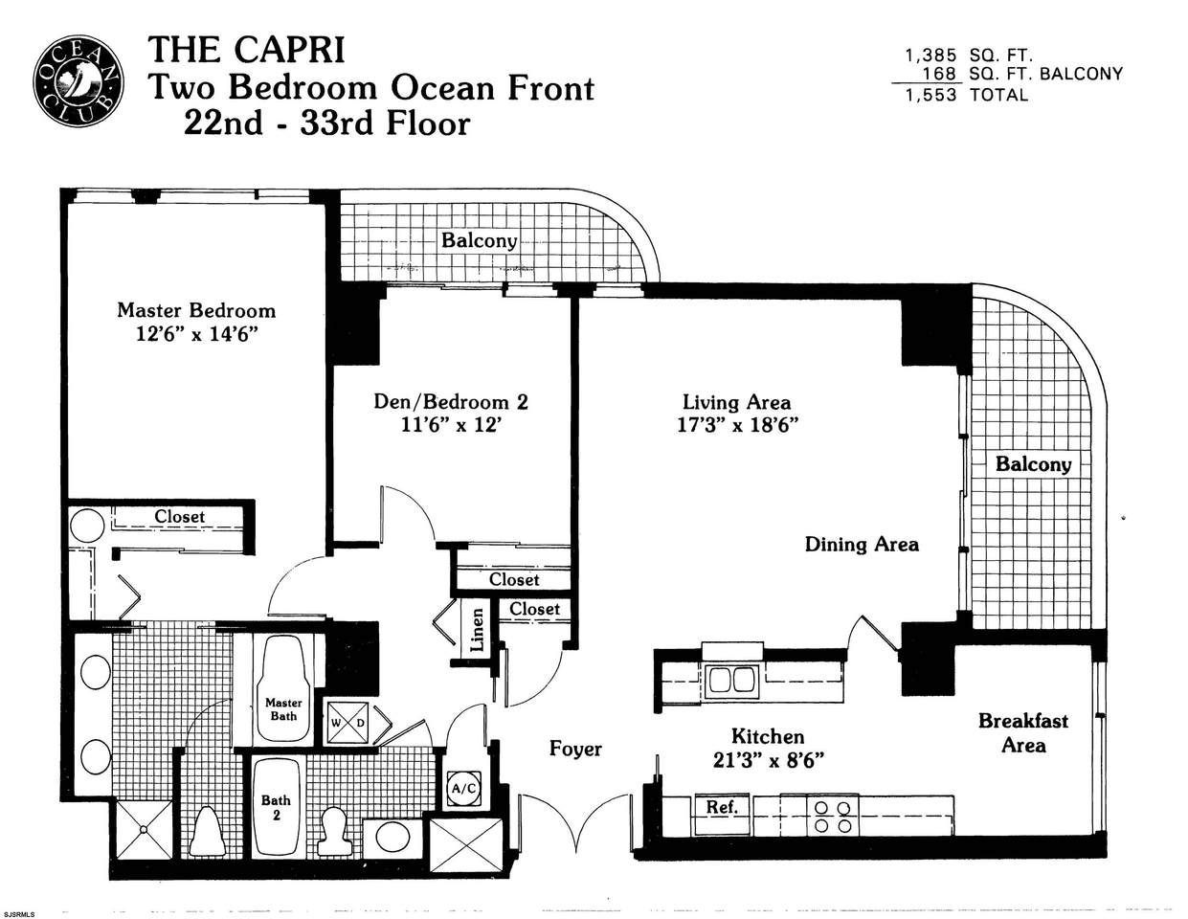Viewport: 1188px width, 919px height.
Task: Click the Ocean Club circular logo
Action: [x=78, y=82]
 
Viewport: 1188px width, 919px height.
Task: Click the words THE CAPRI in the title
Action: [x=247, y=50]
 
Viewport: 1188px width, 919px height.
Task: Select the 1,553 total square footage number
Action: [x=931, y=95]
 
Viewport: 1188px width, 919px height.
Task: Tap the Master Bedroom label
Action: [x=196, y=310]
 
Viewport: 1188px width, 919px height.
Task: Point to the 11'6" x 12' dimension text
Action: [x=451, y=425]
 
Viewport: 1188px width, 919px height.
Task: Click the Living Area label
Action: [x=736, y=402]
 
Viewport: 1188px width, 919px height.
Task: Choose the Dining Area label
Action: [x=862, y=544]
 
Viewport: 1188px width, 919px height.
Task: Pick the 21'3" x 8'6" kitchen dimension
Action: [x=768, y=760]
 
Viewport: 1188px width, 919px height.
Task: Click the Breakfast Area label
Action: [x=1023, y=733]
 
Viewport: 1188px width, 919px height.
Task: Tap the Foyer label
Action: [x=575, y=749]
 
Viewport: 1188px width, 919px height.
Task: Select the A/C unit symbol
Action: [x=464, y=789]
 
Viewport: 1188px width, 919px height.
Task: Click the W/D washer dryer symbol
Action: [x=348, y=723]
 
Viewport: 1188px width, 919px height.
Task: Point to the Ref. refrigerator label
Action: [x=722, y=807]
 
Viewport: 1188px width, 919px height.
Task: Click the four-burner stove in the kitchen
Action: [x=833, y=817]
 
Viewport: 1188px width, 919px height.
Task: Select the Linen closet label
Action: [x=478, y=630]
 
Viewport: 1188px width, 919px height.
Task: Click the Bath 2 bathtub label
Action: [x=276, y=807]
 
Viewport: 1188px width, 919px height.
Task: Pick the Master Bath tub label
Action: [x=283, y=709]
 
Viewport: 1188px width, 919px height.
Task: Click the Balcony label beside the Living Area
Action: [x=1033, y=464]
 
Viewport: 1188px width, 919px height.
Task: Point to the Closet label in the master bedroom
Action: [x=179, y=516]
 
